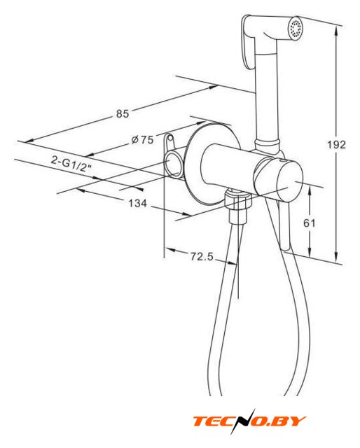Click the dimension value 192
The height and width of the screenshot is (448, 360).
(x=336, y=145)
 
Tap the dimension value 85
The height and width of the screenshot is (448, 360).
(x=123, y=113)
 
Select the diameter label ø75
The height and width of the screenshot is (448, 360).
(x=142, y=140)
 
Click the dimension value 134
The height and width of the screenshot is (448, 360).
(x=137, y=204)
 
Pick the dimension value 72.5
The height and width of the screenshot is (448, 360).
(x=202, y=257)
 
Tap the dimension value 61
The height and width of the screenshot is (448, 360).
(x=309, y=223)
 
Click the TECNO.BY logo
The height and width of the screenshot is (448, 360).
(x=249, y=421)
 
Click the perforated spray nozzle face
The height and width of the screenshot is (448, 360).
(x=295, y=28)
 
